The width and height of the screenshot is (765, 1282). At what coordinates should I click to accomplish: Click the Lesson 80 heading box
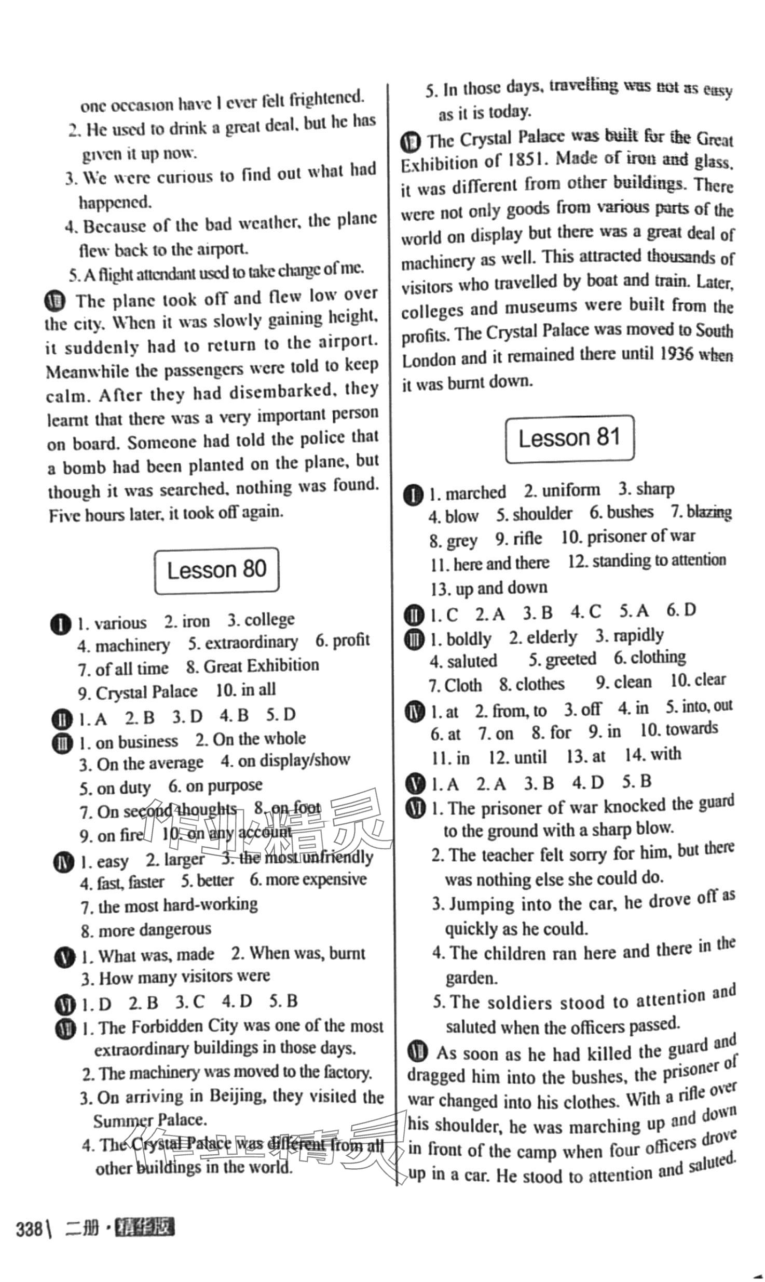pos(216,570)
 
